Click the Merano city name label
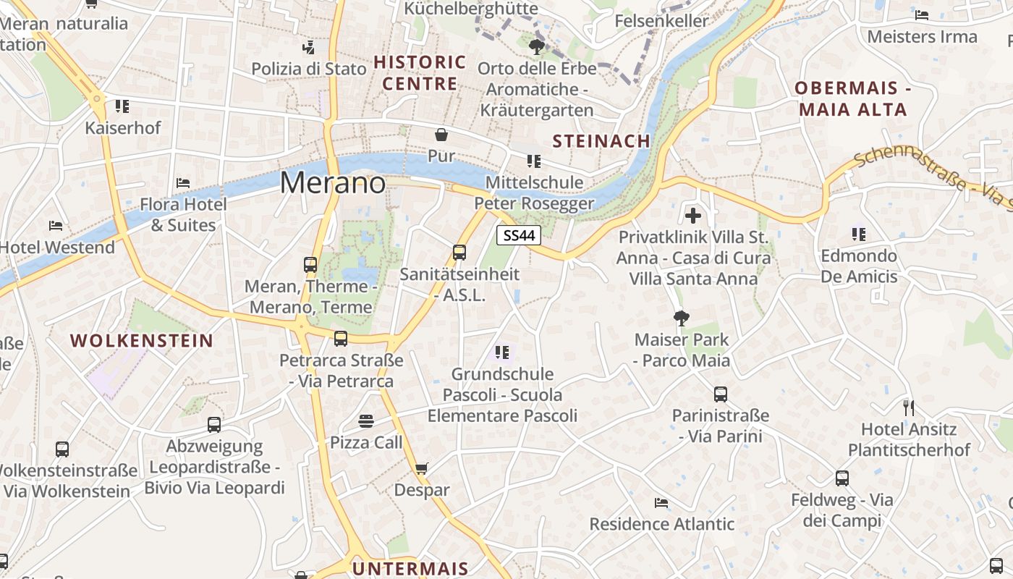click(333, 182)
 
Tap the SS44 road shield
click(520, 234)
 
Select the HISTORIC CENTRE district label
click(420, 72)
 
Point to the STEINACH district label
click(601, 141)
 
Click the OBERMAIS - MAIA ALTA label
click(852, 99)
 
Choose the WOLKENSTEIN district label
click(142, 341)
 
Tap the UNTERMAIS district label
click(410, 568)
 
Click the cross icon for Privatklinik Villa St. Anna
click(693, 215)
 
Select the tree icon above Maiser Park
click(681, 318)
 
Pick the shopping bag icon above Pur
click(441, 135)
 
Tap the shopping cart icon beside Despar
click(422, 468)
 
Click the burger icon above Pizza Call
click(366, 421)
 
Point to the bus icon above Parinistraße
click(720, 394)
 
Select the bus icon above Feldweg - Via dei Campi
click(842, 478)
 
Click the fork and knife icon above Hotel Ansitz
click(909, 407)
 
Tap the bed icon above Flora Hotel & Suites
click(183, 183)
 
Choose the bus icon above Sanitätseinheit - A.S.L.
click(459, 253)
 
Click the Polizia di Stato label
click(309, 69)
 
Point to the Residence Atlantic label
click(662, 523)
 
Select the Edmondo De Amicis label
click(859, 266)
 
